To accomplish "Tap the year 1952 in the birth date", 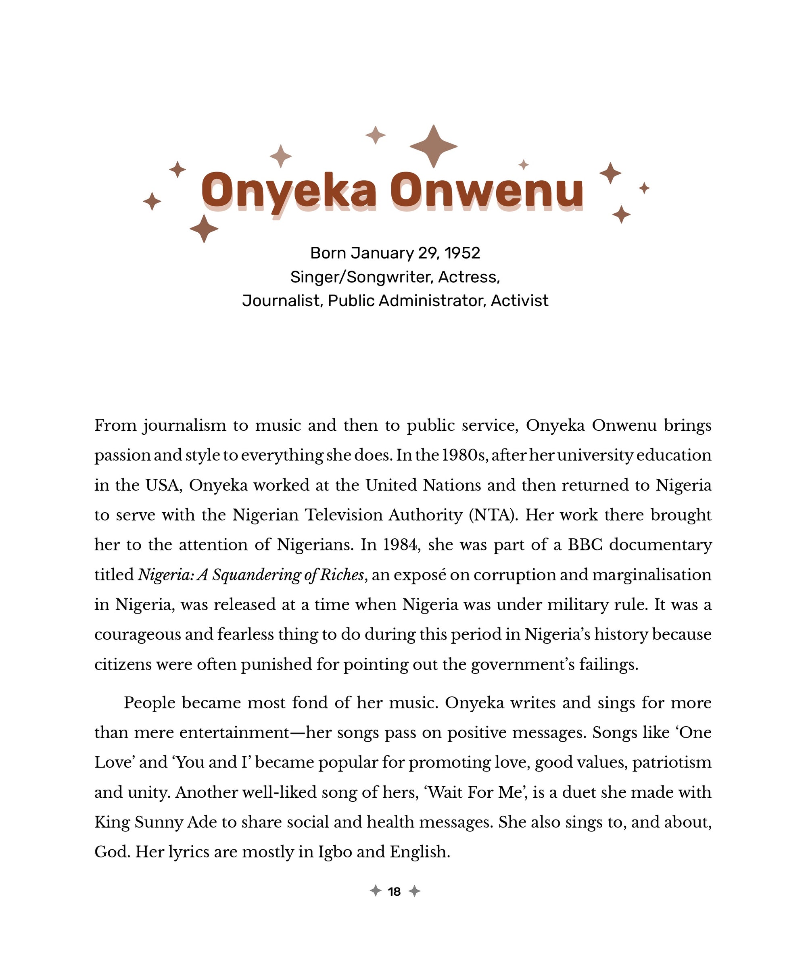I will tap(462, 253).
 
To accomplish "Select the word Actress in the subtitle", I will tap(468, 277).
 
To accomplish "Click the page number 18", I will tap(394, 891).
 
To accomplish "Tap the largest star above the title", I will tap(433, 146).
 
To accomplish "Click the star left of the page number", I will tap(375, 891).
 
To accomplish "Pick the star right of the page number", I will tap(414, 891).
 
